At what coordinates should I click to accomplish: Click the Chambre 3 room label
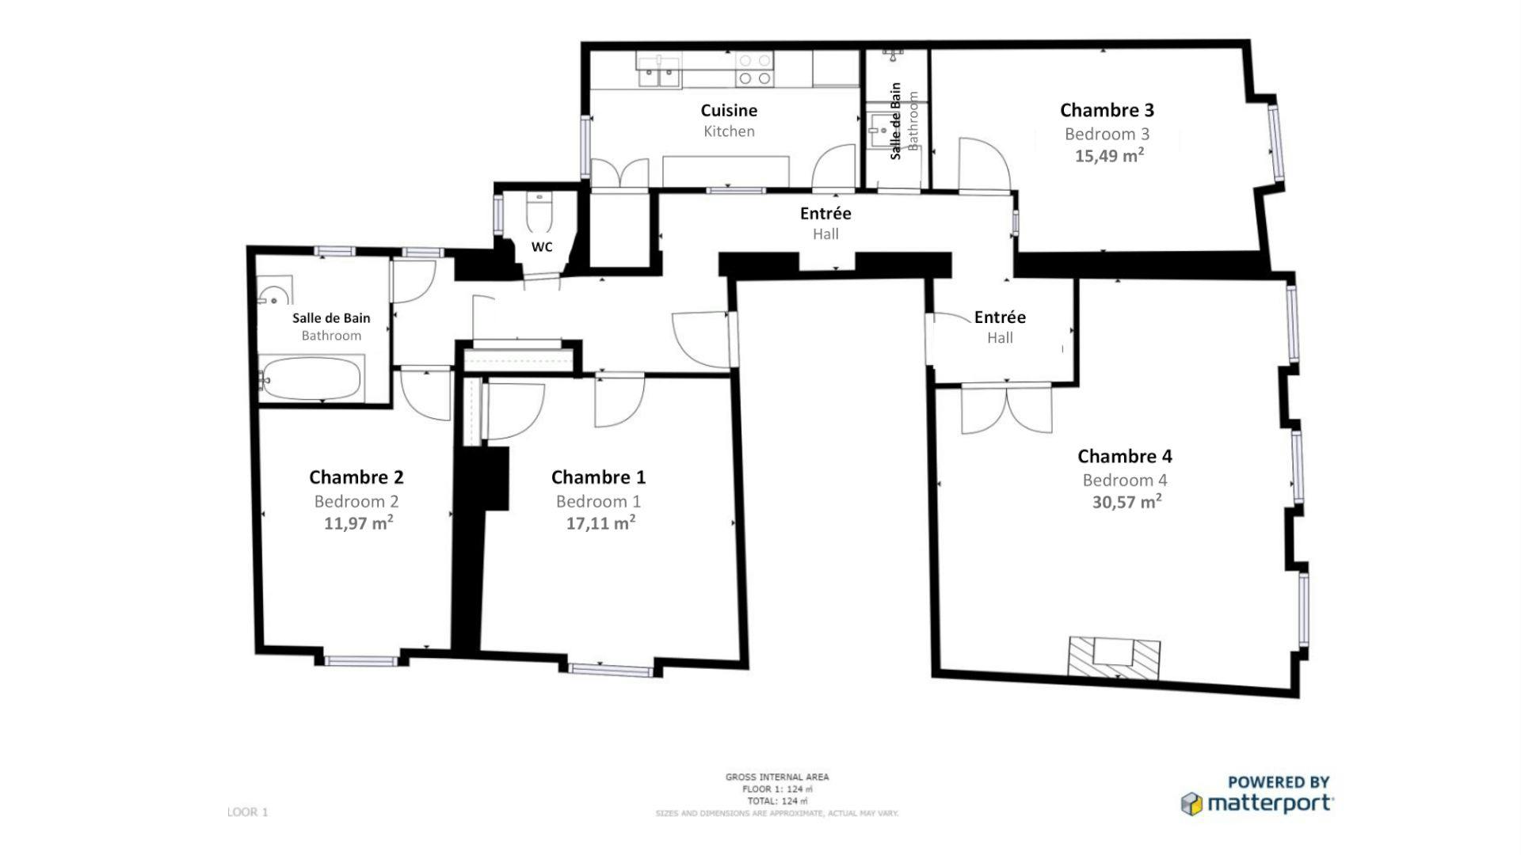[x=1107, y=110]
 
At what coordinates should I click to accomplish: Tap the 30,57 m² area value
[x=1126, y=502]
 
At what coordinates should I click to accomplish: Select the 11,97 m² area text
[x=358, y=523]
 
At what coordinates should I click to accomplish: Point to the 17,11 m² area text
[x=600, y=523]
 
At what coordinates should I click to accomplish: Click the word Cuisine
[x=729, y=111]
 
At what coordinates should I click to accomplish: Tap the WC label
[x=542, y=247]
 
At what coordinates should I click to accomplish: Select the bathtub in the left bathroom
[x=311, y=378]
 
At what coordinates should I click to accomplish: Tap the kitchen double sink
[x=659, y=70]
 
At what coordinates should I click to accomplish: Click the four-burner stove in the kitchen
[x=753, y=70]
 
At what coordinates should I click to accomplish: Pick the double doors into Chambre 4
[x=1006, y=409]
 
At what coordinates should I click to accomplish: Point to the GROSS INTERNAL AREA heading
[x=776, y=777]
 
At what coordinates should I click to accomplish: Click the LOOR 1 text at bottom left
[x=247, y=812]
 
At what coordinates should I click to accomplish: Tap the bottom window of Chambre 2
[x=360, y=660]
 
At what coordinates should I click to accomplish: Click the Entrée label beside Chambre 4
[x=1000, y=317]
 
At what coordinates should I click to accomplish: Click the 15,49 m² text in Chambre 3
[x=1108, y=156]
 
